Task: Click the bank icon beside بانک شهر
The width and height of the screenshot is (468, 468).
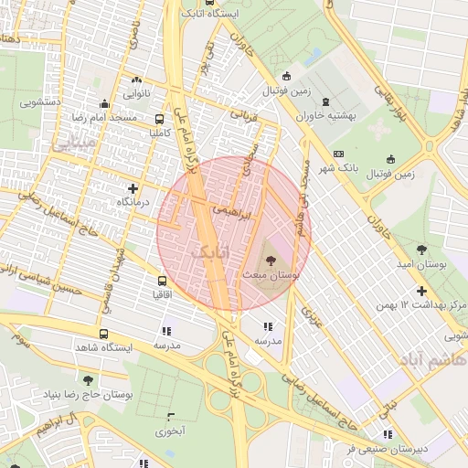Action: [339, 154]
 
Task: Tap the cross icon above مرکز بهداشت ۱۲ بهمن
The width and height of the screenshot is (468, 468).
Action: [421, 291]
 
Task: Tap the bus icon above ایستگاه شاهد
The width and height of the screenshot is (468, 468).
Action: [101, 335]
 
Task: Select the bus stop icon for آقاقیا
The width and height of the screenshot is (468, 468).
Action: [162, 282]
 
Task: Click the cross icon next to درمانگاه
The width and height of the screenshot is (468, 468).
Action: [133, 187]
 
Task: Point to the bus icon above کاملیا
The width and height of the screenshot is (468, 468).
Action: [160, 119]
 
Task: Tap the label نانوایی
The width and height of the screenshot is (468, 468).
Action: [138, 92]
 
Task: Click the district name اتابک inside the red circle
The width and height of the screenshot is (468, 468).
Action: [211, 250]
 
